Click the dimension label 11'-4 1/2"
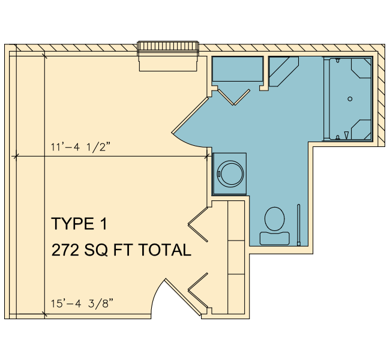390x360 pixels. point(80,147)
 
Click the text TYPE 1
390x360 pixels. point(79,224)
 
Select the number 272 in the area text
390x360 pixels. point(65,250)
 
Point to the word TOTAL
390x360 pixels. point(164,250)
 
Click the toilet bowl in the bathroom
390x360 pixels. point(275,218)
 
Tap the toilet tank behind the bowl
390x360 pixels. point(275,238)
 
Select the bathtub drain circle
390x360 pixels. point(350,99)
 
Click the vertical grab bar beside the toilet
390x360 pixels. point(299,225)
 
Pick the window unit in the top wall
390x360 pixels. point(168,56)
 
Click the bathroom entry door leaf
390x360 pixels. point(190,115)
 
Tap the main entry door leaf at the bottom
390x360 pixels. point(183,298)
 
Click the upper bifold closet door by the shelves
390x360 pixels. point(198,224)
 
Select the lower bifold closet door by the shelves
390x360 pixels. point(198,290)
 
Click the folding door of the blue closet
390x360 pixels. point(234,97)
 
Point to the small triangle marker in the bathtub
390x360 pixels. point(346,135)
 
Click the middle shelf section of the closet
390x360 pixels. point(236,257)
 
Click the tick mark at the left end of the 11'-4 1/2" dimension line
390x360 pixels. point(16,157)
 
